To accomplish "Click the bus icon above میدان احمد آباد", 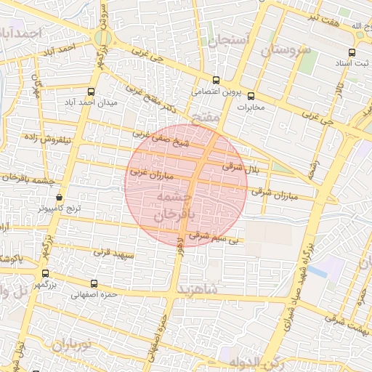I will (91, 92).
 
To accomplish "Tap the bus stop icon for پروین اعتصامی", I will (215, 81).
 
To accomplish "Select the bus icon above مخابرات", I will (251, 96).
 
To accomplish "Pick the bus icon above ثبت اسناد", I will (352, 52).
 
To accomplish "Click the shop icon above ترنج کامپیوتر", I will (59, 197).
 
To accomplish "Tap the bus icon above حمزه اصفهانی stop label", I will (93, 283).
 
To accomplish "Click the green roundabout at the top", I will (103, 39).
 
